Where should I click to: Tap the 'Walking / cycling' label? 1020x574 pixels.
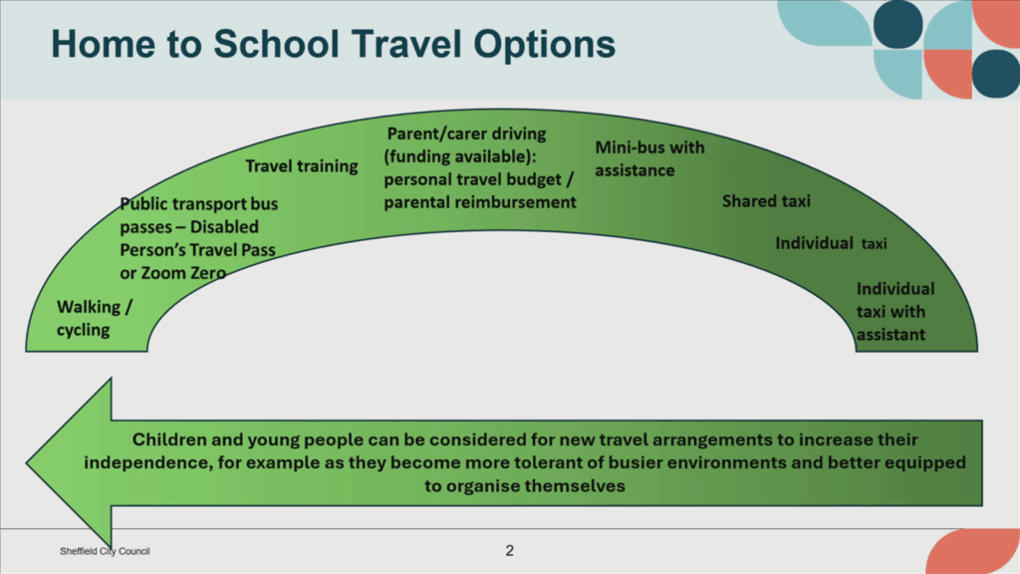[x=95, y=318]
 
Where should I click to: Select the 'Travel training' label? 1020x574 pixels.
[x=301, y=166]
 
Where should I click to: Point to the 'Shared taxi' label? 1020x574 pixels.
[x=766, y=201]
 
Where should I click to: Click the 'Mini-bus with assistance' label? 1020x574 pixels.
[x=649, y=158]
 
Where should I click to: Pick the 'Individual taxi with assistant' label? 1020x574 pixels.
[x=895, y=312]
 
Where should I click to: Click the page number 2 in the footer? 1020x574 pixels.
[x=509, y=550]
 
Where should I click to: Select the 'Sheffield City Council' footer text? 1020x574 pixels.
[x=105, y=551]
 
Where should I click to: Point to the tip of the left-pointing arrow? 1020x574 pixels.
[x=26, y=463]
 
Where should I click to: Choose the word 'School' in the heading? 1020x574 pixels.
[x=277, y=44]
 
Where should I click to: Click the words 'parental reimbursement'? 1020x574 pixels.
[x=479, y=202]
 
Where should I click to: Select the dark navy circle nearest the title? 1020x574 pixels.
[x=897, y=25]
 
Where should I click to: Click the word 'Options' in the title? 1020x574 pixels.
[x=545, y=44]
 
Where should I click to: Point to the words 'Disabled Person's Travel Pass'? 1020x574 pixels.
[x=198, y=239]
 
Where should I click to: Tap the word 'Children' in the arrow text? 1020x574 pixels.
[x=168, y=439]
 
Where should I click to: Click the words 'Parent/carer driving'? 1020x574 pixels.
[x=466, y=135]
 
